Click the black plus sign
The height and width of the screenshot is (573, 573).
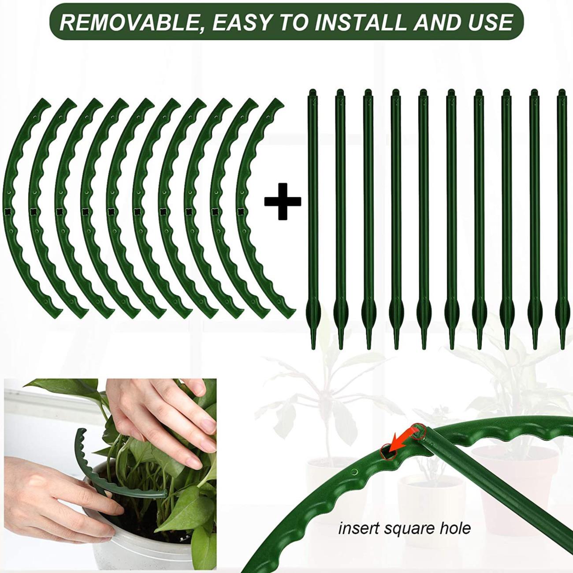[x=283, y=201]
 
